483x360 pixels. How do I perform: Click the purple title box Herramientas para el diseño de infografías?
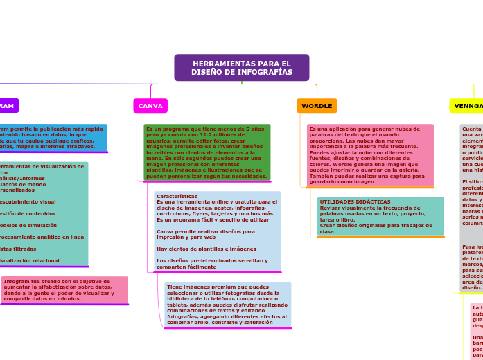(x=241, y=68)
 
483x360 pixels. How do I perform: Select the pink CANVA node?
(x=150, y=106)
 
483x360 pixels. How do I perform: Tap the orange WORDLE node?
(x=317, y=106)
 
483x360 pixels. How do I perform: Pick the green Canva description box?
(x=207, y=152)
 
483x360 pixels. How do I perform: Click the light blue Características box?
(x=218, y=231)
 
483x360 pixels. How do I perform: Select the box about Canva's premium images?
(x=227, y=305)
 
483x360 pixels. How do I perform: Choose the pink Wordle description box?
(x=370, y=155)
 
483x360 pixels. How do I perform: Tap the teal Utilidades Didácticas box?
(x=380, y=216)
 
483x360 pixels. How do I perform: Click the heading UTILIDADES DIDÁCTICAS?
(x=355, y=201)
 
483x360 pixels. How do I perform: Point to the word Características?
(x=177, y=196)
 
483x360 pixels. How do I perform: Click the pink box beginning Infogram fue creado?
(x=64, y=290)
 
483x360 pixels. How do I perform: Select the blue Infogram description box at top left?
(x=52, y=137)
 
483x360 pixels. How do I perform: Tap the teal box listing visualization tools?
(x=43, y=213)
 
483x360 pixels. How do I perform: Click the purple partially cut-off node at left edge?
(x=8, y=106)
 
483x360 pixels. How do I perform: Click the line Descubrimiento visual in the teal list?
(x=28, y=202)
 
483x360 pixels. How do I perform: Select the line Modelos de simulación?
(x=28, y=225)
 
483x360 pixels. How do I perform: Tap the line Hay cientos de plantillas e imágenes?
(x=207, y=249)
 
